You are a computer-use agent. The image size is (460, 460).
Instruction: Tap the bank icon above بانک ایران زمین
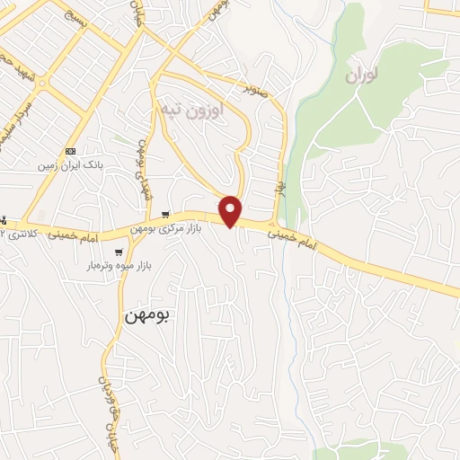click(71, 151)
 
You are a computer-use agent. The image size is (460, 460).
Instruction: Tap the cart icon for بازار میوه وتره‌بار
click(118, 252)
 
